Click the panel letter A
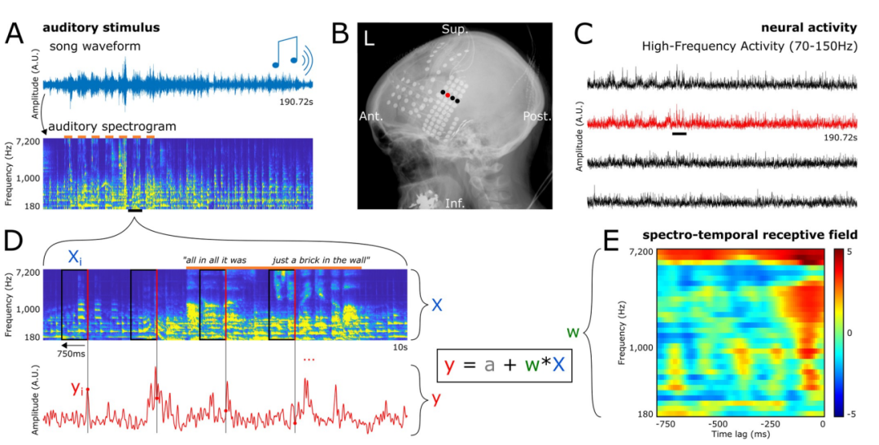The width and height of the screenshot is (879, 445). [x=14, y=34]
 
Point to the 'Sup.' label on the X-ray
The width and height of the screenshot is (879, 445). [x=453, y=28]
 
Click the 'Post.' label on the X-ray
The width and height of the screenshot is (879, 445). [x=538, y=116]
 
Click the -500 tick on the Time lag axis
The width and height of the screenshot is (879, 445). [x=718, y=424]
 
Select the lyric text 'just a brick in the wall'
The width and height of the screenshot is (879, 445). [x=322, y=260]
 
